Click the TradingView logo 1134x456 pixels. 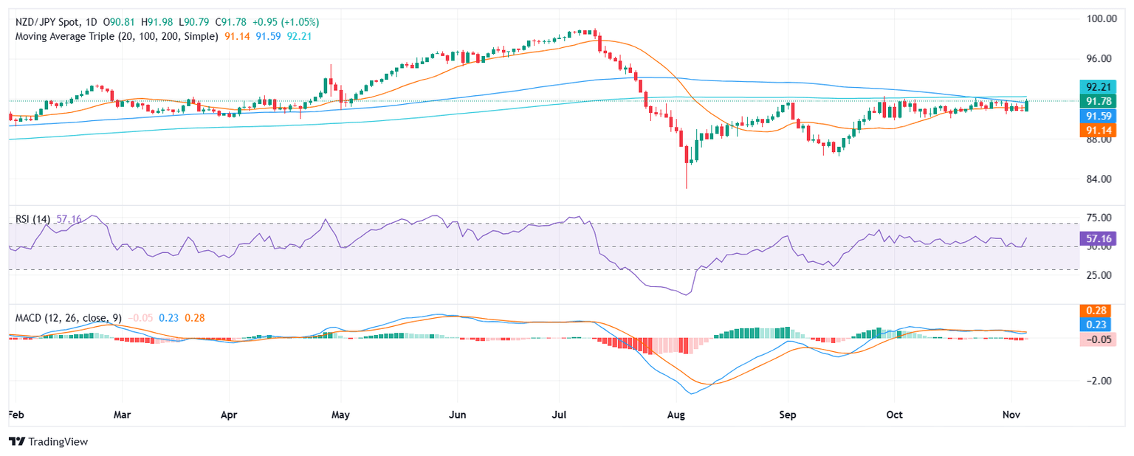(48, 441)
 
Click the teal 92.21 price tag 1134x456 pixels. (1096, 86)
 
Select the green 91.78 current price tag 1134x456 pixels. (1096, 101)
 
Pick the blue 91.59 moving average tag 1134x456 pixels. (1096, 116)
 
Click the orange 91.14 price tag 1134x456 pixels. (1096, 131)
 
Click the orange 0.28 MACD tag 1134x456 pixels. (1096, 311)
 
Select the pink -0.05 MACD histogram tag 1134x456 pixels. (1096, 339)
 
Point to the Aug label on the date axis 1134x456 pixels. (676, 415)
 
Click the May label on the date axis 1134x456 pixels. (340, 415)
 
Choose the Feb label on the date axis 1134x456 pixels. (14, 415)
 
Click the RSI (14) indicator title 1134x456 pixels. (32, 219)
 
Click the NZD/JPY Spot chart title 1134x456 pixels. (44, 21)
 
